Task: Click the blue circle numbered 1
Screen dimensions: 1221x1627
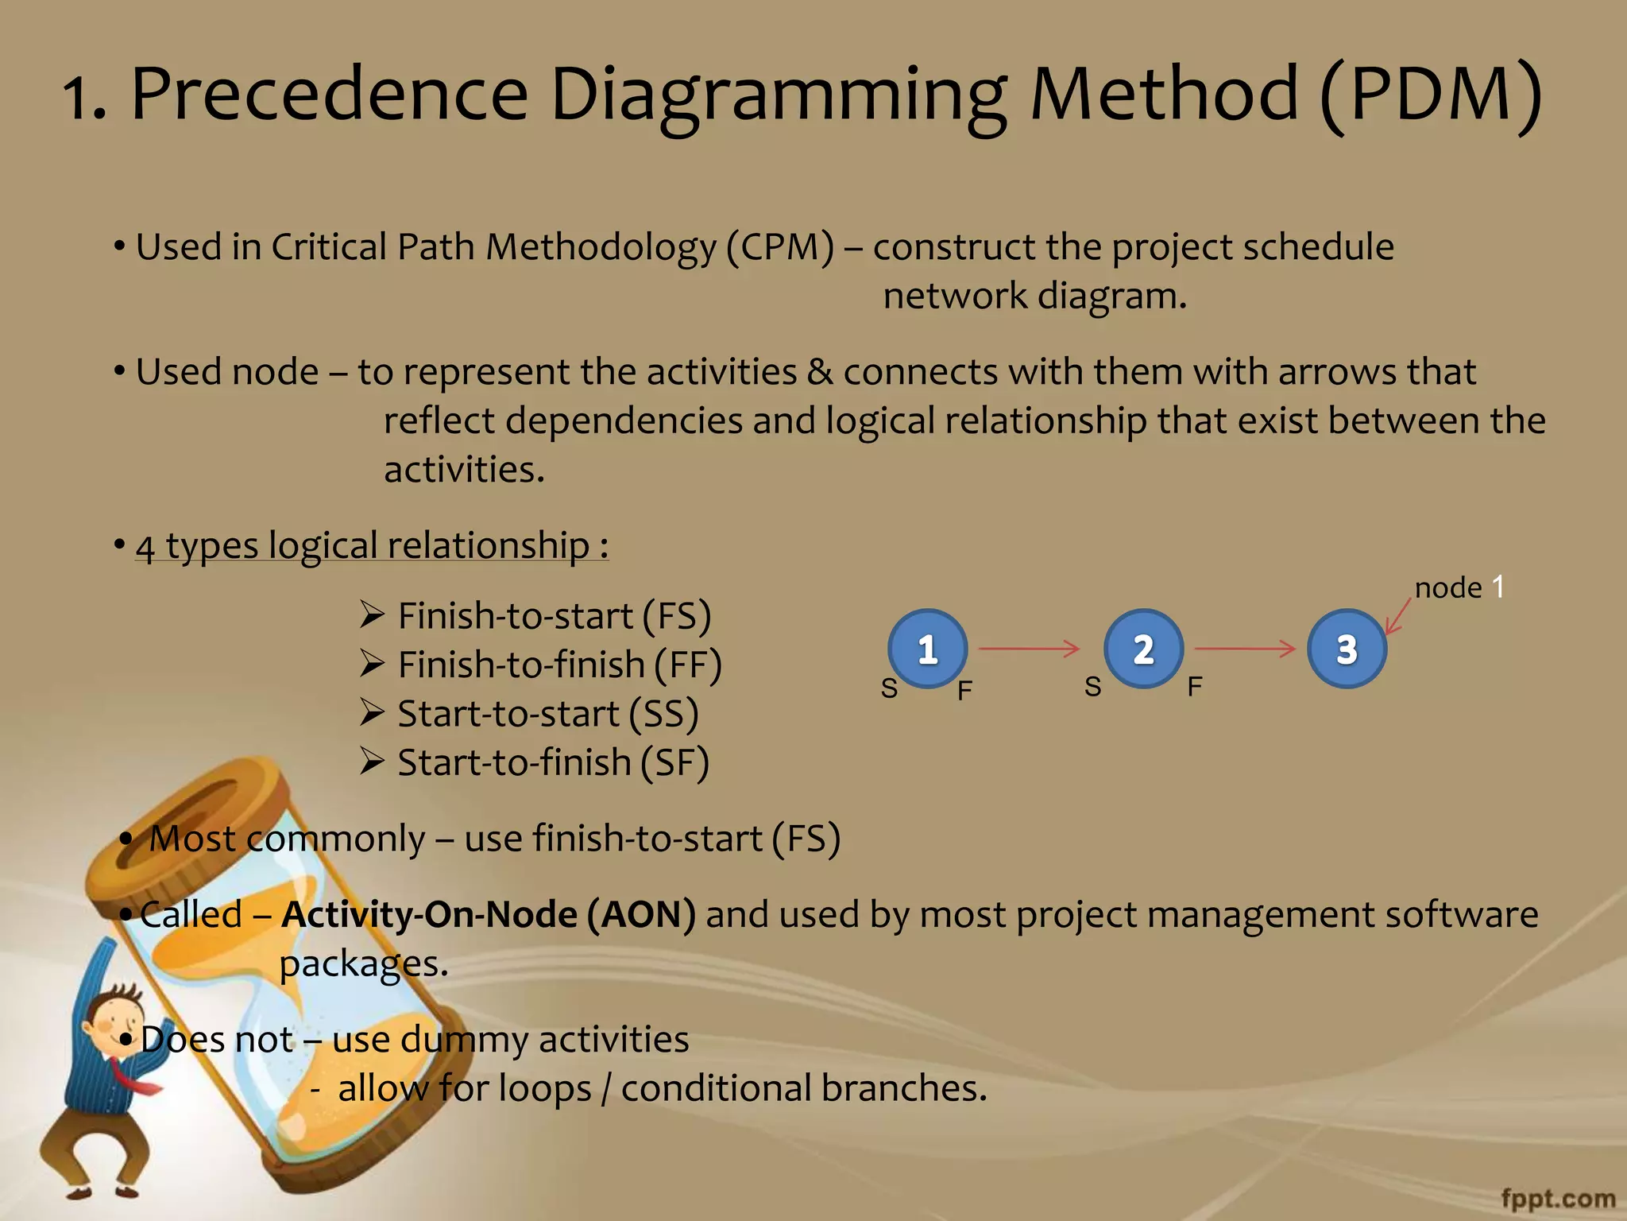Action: [x=927, y=649]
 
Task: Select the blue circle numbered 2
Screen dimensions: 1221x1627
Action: [x=1143, y=649]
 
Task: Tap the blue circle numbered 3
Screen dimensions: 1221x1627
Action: [x=1347, y=649]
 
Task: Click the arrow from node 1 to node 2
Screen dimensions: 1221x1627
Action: [x=1029, y=649]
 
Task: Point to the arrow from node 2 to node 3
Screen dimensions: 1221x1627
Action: [x=1245, y=649]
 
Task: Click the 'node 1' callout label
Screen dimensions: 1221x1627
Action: [x=1459, y=587]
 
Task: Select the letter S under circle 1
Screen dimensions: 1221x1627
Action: [x=889, y=688]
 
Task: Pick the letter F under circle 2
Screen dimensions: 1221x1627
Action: [x=1195, y=686]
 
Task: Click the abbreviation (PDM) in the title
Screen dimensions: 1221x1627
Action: [x=1430, y=94]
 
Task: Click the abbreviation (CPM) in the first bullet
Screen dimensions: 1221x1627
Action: [x=779, y=246]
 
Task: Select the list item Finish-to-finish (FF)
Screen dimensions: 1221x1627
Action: [x=559, y=665]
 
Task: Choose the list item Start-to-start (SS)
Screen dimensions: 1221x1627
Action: [x=547, y=713]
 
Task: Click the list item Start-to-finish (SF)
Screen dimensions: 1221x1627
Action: [x=553, y=762]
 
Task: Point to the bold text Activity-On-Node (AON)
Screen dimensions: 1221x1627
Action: [x=489, y=914]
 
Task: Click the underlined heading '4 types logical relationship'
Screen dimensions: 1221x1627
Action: [x=372, y=545]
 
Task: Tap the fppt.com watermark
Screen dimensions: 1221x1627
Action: [x=1558, y=1198]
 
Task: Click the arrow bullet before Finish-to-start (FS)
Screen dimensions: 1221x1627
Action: [x=372, y=614]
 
